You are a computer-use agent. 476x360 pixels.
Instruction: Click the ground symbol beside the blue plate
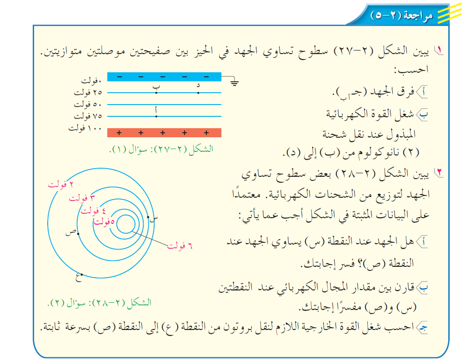(234, 83)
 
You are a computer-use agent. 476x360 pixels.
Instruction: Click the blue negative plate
(164, 77)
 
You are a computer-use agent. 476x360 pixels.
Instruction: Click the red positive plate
(164, 133)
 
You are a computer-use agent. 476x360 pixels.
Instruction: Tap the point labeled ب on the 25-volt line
(156, 93)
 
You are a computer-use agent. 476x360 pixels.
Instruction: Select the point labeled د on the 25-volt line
(198, 93)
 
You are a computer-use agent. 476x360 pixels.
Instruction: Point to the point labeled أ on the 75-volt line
(156, 116)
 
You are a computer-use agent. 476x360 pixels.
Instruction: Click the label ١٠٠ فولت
(85, 128)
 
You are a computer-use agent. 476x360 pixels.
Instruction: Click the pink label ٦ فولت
(180, 246)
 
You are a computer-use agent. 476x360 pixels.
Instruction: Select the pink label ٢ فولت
(61, 185)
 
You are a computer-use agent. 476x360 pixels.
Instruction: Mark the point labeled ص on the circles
(79, 233)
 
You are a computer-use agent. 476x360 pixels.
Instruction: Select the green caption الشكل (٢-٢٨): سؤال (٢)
(100, 302)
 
